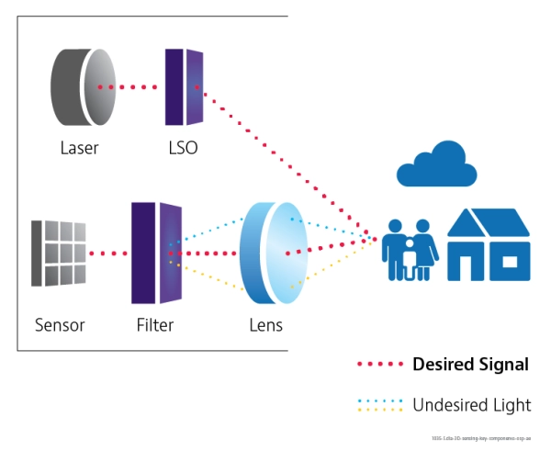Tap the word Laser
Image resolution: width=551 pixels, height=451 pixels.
(79, 148)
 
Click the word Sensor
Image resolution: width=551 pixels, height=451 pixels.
(60, 325)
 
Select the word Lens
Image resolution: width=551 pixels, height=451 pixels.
(265, 325)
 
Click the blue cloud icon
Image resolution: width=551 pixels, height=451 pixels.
(436, 165)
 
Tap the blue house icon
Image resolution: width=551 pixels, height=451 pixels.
(489, 243)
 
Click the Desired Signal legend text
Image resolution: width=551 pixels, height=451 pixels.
(471, 365)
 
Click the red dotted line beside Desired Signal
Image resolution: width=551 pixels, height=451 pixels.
(380, 365)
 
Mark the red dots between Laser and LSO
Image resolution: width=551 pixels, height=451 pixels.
(129, 87)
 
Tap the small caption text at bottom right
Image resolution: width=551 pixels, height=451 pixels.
(488, 439)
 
